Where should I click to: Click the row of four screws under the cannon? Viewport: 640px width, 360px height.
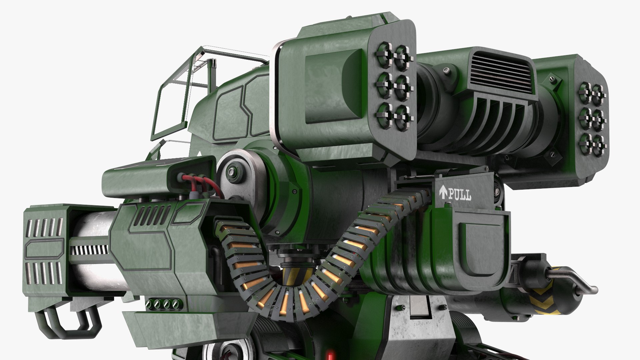pos(162,304)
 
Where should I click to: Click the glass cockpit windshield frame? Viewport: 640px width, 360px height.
pos(173,97)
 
